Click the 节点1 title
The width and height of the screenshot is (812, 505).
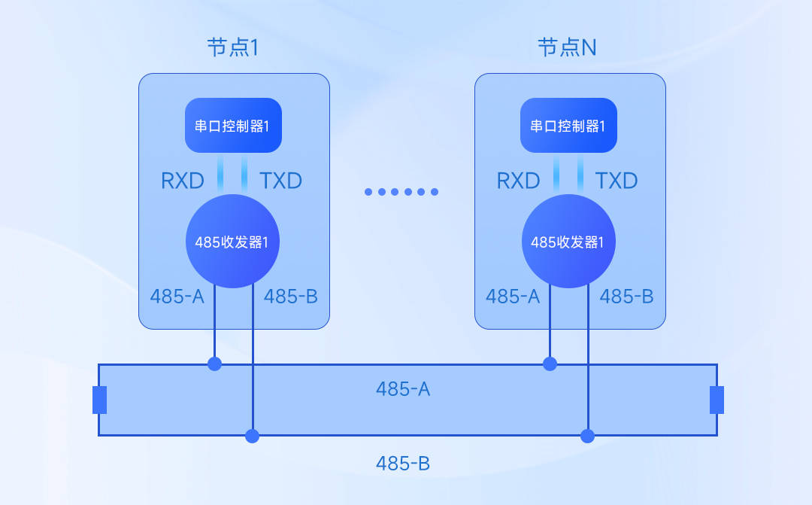pos(233,48)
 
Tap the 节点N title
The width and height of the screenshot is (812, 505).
pos(568,48)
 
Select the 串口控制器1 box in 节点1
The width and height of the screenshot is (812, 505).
pos(233,125)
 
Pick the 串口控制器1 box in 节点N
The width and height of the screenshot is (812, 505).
pos(568,125)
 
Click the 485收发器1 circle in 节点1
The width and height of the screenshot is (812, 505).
pos(233,242)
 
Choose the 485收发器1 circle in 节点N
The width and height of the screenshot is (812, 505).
pos(568,242)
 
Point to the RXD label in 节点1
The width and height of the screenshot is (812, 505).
pos(183,181)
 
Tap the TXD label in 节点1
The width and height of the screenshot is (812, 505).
pos(280,181)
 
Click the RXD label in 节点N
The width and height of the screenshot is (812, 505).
pos(519,181)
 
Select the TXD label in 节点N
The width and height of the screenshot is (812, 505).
pos(617,181)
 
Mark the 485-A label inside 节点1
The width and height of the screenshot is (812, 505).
pos(177,296)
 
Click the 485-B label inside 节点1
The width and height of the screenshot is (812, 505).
pos(291,296)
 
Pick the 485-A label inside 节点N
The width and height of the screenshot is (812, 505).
pos(513,296)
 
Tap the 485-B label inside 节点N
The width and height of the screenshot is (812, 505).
pos(626,296)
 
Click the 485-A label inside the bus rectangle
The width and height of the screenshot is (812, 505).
pos(403,389)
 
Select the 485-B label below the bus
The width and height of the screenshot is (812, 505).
pos(403,463)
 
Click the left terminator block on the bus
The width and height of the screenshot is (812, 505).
pos(99,400)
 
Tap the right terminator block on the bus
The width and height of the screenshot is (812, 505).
pos(717,400)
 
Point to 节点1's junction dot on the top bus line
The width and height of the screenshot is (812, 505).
pos(215,364)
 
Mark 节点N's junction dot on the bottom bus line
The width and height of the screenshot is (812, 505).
pos(588,436)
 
